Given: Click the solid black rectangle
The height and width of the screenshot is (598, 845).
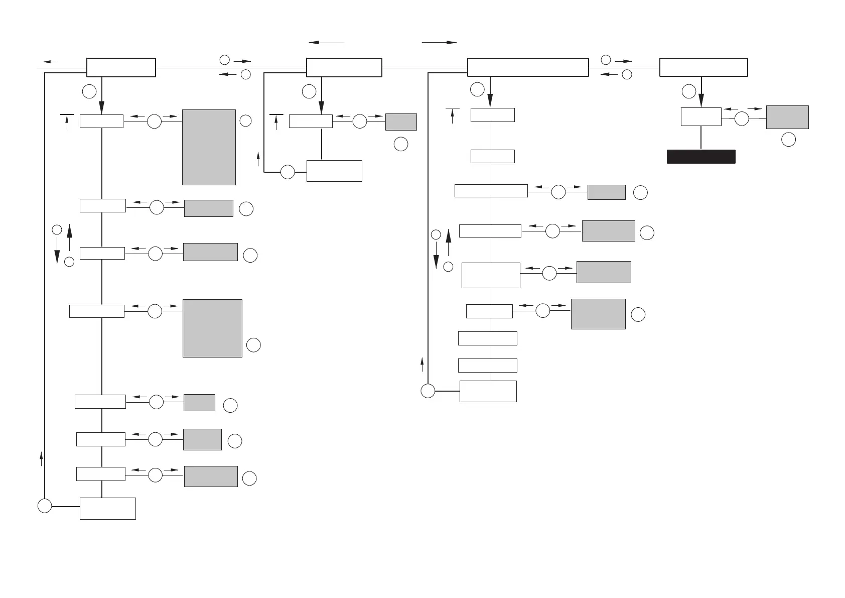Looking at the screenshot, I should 701,157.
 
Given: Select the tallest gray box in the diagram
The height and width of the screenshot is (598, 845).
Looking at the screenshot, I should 209,147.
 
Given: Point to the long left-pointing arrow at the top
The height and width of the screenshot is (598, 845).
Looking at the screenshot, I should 326,43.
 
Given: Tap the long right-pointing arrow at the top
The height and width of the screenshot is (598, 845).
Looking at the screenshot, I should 439,43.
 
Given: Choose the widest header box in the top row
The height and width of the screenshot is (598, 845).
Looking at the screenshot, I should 528,67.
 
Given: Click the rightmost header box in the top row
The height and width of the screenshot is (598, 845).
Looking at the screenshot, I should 703,67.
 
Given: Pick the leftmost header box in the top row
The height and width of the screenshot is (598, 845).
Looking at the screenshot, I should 121,67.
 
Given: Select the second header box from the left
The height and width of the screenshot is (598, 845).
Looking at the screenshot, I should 344,67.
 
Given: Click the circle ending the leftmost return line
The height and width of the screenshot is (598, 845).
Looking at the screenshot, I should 45,506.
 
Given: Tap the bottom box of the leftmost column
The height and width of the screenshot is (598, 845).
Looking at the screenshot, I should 108,509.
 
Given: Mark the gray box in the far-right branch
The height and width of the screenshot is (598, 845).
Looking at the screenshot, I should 787,117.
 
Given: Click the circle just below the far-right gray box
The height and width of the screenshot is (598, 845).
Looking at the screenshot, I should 789,140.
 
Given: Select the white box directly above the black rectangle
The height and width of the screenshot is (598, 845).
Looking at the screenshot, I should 701,116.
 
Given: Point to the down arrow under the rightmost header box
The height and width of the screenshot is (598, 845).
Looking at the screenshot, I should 701,95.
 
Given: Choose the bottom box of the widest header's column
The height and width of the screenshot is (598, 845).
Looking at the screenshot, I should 488,391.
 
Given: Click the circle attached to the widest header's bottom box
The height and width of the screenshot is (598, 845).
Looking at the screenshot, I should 428,391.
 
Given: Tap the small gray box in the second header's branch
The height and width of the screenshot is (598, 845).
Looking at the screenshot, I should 401,122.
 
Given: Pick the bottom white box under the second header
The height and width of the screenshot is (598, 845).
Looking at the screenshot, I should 334,171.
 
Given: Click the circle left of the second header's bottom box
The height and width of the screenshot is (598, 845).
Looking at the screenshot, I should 288,172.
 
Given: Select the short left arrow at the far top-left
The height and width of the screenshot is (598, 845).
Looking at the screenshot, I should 50,62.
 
